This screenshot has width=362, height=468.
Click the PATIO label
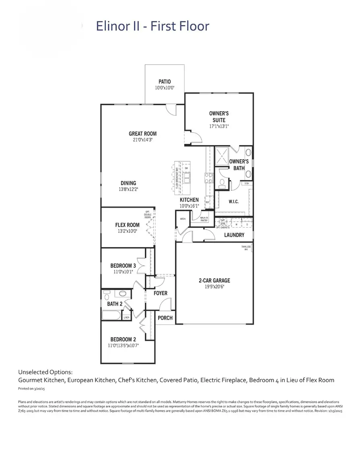click(x=165, y=82)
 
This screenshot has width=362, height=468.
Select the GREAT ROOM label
click(x=142, y=134)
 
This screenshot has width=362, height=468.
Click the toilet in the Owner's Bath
click(x=222, y=182)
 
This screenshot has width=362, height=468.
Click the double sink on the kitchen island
click(x=187, y=177)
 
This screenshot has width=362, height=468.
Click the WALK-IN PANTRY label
click(x=199, y=219)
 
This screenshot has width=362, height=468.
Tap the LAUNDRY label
click(x=234, y=235)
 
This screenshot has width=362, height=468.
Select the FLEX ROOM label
click(x=127, y=225)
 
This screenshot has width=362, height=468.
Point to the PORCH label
click(x=165, y=318)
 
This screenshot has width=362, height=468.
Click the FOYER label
click(x=160, y=293)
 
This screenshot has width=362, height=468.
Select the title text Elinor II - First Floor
click(x=152, y=27)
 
